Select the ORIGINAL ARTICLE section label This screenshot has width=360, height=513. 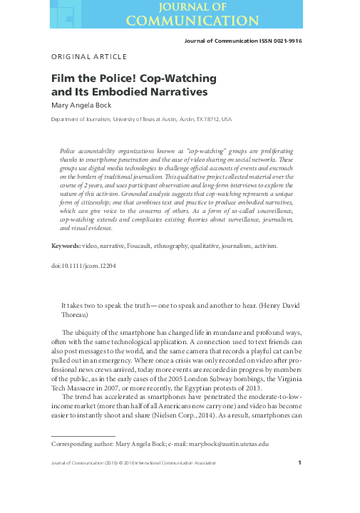[x=89, y=56]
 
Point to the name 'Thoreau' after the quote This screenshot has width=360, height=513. [x=78, y=313]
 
